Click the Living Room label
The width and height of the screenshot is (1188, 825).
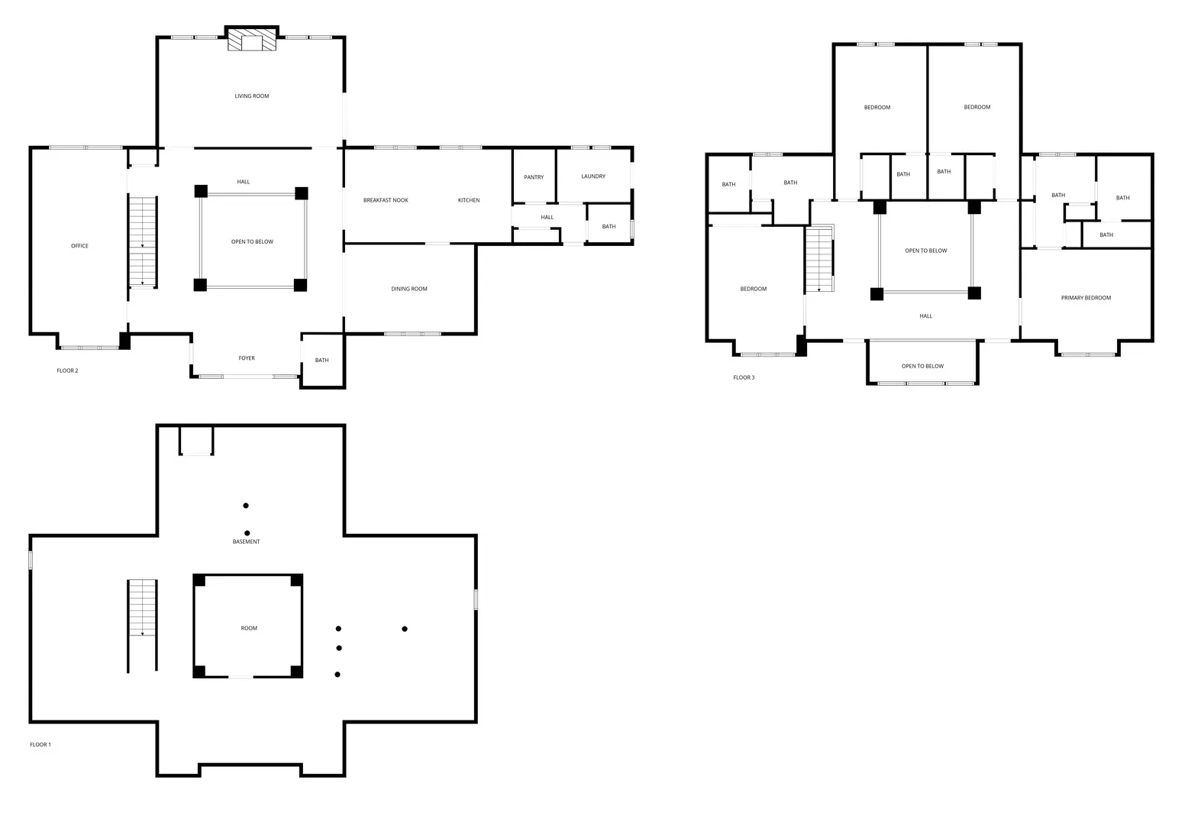(x=252, y=96)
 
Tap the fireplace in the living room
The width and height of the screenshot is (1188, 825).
(x=252, y=39)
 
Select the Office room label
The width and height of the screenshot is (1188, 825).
(x=79, y=246)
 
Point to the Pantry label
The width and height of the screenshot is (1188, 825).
(x=534, y=177)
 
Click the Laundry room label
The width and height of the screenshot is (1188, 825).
(x=593, y=176)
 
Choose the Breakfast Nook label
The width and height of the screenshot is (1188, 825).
(x=386, y=200)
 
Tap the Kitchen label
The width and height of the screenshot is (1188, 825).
(x=469, y=200)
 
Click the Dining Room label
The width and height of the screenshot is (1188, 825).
(x=409, y=289)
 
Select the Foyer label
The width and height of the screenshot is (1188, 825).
(x=247, y=358)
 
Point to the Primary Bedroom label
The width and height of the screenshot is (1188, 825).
(x=1086, y=298)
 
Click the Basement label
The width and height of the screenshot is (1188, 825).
(x=246, y=542)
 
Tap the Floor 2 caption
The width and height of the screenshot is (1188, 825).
(x=67, y=370)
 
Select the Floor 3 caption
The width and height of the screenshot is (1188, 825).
(x=744, y=377)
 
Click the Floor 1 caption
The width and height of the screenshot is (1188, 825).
(x=40, y=744)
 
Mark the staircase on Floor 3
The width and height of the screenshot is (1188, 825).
(x=819, y=258)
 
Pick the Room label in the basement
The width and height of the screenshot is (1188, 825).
(x=249, y=628)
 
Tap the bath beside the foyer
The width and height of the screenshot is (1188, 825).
(x=322, y=361)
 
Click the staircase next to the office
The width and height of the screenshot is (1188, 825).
(x=143, y=242)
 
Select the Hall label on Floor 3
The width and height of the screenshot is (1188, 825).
(x=925, y=315)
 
